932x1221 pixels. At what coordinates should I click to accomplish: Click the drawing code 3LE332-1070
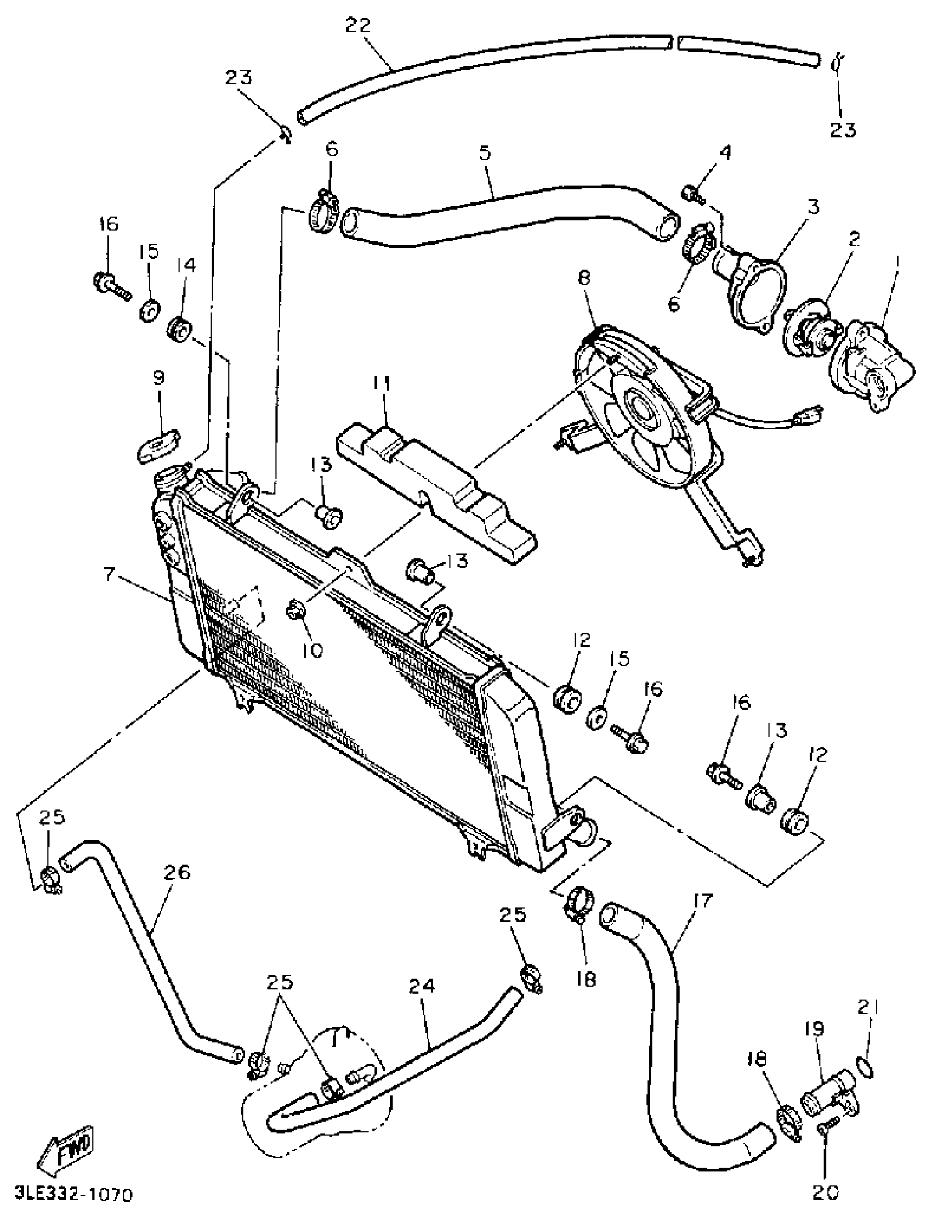tap(74, 1194)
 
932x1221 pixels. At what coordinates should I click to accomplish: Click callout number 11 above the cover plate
tap(381, 383)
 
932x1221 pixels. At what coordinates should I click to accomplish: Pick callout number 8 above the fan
tap(584, 278)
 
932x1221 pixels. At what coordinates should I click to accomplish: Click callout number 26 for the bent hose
tap(177, 872)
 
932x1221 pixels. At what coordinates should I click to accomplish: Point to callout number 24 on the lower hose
tap(422, 986)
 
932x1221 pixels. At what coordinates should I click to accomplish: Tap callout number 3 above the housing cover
tap(812, 207)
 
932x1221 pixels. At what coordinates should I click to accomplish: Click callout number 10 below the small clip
tap(313, 650)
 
